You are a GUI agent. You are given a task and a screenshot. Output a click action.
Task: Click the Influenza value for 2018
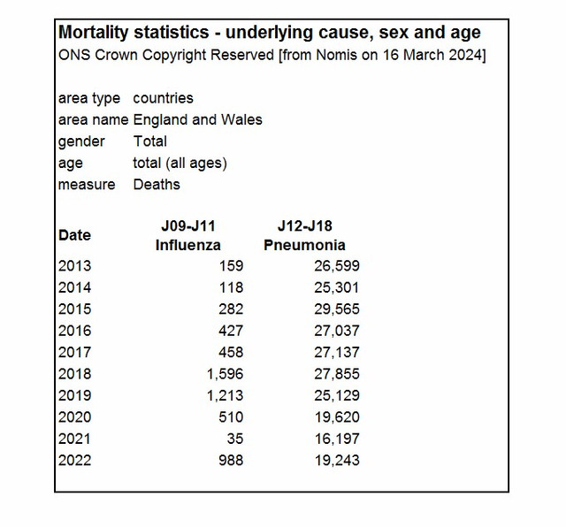click(x=225, y=374)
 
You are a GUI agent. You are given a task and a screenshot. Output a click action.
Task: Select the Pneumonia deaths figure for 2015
click(x=337, y=309)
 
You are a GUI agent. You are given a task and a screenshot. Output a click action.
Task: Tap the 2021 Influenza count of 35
click(x=235, y=439)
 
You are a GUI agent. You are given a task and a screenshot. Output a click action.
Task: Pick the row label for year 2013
click(x=74, y=265)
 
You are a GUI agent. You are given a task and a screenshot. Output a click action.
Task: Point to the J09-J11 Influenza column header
click(x=188, y=235)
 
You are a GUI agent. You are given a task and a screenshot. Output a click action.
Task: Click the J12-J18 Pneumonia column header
click(x=304, y=235)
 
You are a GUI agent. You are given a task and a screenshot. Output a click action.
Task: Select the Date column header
click(x=74, y=235)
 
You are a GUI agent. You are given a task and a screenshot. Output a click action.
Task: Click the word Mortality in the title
click(x=94, y=33)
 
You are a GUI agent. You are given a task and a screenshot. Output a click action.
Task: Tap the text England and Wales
click(x=197, y=120)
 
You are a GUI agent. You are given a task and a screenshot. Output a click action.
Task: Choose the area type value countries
click(x=163, y=98)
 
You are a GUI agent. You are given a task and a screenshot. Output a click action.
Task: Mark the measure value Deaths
click(x=157, y=185)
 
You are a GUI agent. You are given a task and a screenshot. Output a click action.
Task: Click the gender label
click(x=81, y=141)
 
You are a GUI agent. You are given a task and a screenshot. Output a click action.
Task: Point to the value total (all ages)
click(x=180, y=164)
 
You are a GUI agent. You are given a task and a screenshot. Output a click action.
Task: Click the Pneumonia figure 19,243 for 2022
click(x=337, y=460)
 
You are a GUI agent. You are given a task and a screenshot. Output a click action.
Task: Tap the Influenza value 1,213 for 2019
click(x=225, y=395)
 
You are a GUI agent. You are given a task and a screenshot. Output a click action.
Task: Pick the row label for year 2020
click(x=74, y=416)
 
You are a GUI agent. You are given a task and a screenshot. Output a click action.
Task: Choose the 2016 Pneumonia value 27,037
click(x=337, y=331)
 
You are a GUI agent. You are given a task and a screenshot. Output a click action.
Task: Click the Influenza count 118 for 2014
click(x=232, y=287)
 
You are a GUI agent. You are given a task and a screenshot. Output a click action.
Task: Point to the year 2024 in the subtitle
click(x=465, y=55)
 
